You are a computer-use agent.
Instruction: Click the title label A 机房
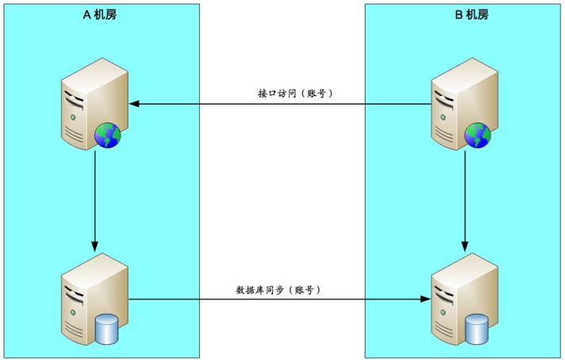coord(100,15)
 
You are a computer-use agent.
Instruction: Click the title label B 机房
coord(472,15)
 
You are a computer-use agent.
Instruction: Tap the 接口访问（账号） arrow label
coord(295,94)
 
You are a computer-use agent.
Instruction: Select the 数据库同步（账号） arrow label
coord(279,289)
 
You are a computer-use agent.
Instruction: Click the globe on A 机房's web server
coord(107,136)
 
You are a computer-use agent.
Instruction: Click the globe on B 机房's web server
coord(478,136)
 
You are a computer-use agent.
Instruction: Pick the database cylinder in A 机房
coord(106,329)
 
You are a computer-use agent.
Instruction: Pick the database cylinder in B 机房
coord(477,329)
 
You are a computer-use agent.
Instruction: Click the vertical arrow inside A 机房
coord(94,201)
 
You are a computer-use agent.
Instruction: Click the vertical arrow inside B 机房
coord(465,201)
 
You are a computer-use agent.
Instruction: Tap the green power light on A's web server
coord(74,117)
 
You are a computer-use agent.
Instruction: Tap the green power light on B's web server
coord(444,117)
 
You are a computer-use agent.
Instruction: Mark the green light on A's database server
coord(74,312)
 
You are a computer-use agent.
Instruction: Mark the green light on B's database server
coord(444,312)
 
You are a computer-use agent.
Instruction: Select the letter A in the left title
coord(86,15)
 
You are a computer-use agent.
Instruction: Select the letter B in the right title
coord(459,15)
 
